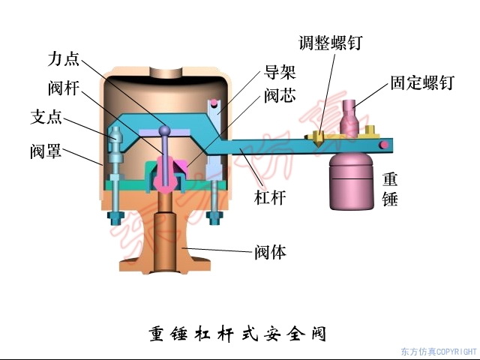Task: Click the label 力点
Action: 64,59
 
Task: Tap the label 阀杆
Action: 64,88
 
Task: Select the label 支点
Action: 46,117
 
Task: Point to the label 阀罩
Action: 46,151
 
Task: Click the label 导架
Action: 280,72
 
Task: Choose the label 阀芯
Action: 280,96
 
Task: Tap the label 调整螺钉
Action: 331,42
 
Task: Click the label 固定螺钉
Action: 421,82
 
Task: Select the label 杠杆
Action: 270,197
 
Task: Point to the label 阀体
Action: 271,253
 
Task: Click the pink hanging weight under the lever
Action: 352,181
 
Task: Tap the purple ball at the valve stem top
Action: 165,130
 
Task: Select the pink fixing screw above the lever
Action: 349,118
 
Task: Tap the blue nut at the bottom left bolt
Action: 115,218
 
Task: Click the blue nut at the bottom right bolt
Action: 214,218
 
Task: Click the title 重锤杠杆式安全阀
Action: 238,334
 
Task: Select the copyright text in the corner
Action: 439,352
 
